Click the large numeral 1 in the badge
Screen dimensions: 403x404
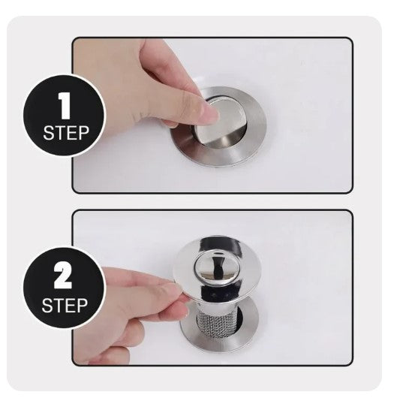[65, 106]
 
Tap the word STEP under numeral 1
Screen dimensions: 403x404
[66, 133]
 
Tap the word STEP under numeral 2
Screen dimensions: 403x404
[65, 306]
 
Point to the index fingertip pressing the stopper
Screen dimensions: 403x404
[211, 113]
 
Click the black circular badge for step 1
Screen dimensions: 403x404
[65, 115]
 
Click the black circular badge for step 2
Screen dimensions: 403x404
[65, 288]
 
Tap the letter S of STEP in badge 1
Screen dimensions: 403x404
[48, 133]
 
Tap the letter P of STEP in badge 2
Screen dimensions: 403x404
[83, 306]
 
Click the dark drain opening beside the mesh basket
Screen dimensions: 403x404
[240, 317]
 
